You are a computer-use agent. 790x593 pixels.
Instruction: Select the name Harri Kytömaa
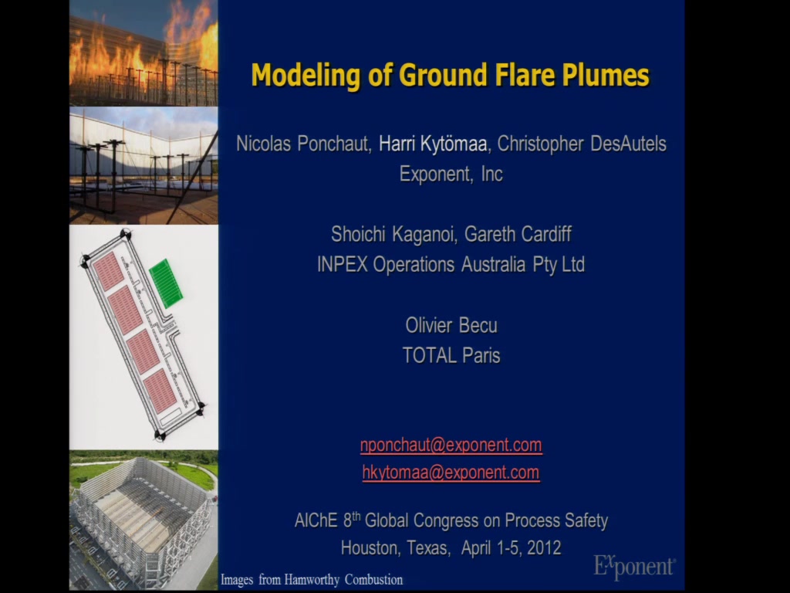(x=433, y=144)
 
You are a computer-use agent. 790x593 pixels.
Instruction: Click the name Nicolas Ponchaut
(x=302, y=144)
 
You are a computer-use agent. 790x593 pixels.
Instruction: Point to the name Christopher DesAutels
(x=582, y=144)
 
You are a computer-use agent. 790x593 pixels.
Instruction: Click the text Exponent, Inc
(x=451, y=174)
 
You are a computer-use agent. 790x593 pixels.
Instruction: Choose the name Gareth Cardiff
(x=518, y=235)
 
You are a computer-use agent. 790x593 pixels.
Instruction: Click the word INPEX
(x=342, y=265)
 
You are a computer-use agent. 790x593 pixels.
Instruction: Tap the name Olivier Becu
(x=451, y=325)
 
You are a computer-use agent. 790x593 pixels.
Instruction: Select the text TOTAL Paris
(x=451, y=355)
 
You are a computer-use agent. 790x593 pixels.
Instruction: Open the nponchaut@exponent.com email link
(x=451, y=446)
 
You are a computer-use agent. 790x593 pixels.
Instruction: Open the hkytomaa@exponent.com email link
(x=451, y=473)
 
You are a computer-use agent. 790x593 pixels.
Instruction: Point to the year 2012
(x=544, y=547)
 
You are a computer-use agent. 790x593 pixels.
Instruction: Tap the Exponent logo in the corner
(x=634, y=566)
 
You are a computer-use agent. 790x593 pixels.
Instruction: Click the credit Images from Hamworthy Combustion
(x=312, y=580)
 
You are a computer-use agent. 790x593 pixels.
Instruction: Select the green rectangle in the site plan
(x=167, y=283)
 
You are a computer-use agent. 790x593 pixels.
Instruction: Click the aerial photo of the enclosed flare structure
(x=143, y=520)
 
